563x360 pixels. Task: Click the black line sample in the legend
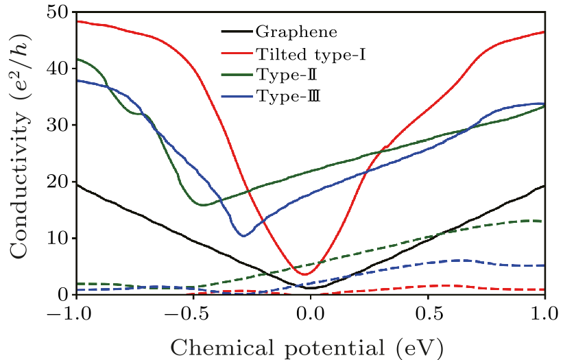(x=236, y=32)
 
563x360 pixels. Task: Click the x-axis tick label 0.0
(x=311, y=313)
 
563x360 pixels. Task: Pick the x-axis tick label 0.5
(x=428, y=313)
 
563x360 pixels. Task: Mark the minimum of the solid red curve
(x=304, y=274)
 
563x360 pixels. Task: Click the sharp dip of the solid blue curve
(x=243, y=235)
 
